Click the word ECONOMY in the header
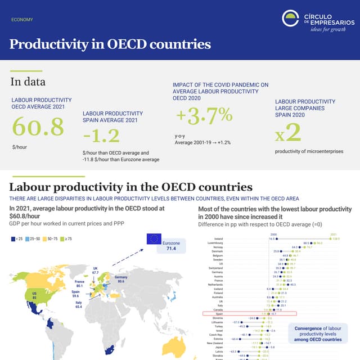22,20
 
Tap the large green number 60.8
38,127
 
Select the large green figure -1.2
101,136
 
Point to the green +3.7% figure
204,115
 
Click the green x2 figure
288,133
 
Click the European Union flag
154,239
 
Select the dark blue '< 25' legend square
13,239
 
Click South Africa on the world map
110,348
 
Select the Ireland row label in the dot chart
218,238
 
